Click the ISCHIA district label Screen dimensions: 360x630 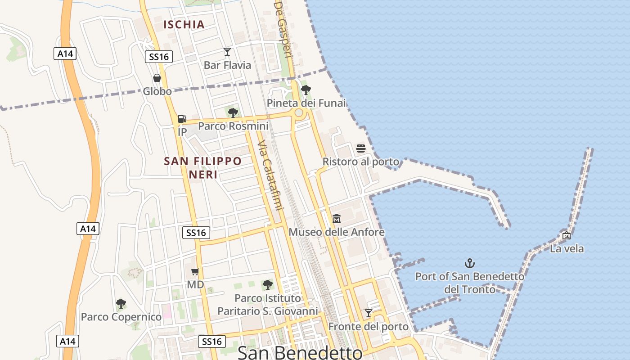pyautogui.click(x=184, y=24)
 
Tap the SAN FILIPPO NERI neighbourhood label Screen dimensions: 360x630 pyautogui.click(x=203, y=167)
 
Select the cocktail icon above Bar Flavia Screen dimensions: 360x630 pyautogui.click(x=227, y=52)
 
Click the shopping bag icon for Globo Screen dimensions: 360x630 pyautogui.click(x=157, y=78)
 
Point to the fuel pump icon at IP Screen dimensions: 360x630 pyautogui.click(x=182, y=119)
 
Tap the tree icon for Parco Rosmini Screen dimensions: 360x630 pyautogui.click(x=233, y=112)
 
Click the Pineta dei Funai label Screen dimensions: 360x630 pyautogui.click(x=306, y=103)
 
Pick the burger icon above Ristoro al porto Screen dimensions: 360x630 pyautogui.click(x=361, y=148)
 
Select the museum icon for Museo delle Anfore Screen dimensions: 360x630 pyautogui.click(x=337, y=219)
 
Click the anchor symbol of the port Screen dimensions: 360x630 pyautogui.click(x=470, y=263)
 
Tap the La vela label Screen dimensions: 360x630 pyautogui.click(x=567, y=248)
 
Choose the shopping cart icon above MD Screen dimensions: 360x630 pyautogui.click(x=195, y=271)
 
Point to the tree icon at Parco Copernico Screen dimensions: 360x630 pyautogui.click(x=121, y=304)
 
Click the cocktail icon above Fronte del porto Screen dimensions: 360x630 pyautogui.click(x=369, y=313)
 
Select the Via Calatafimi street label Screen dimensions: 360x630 pyautogui.click(x=271, y=175)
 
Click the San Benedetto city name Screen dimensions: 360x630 pyautogui.click(x=300, y=352)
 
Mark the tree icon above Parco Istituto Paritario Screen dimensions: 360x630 pyautogui.click(x=268, y=284)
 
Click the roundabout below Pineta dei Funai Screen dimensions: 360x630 pyautogui.click(x=299, y=113)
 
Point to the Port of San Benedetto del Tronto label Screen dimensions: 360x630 pyautogui.click(x=470, y=283)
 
